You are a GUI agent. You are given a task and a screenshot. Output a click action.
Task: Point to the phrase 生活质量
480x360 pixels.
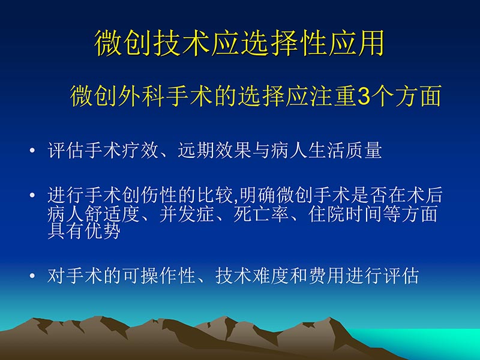coord(344,150)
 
